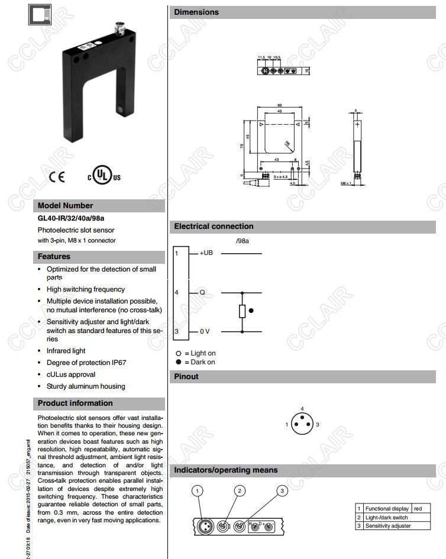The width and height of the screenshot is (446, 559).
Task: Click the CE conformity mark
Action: tap(57, 176)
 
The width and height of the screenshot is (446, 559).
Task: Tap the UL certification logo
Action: tap(104, 176)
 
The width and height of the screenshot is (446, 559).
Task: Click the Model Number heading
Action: tap(66, 206)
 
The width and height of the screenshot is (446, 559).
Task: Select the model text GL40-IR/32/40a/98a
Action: tap(71, 218)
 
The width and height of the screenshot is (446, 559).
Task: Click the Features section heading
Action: tap(54, 257)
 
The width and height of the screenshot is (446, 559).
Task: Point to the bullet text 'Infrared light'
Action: tap(66, 351)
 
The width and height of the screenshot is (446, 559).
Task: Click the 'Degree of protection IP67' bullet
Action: tap(86, 363)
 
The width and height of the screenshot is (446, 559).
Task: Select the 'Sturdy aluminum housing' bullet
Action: tap(86, 386)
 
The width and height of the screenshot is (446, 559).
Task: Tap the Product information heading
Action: tap(75, 403)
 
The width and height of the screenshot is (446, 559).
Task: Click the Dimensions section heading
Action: tap(196, 12)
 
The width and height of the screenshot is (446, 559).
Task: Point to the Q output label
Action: tap(202, 292)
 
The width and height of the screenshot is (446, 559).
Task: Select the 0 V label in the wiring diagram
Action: tap(205, 331)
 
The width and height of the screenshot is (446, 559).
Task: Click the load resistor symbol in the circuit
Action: tap(242, 311)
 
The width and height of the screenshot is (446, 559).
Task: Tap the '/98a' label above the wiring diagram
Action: tap(243, 240)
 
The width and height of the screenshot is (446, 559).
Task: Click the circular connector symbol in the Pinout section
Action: tap(302, 425)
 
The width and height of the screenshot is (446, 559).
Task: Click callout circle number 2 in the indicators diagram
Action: tap(240, 491)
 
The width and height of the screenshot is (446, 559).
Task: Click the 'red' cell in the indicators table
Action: tap(418, 509)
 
